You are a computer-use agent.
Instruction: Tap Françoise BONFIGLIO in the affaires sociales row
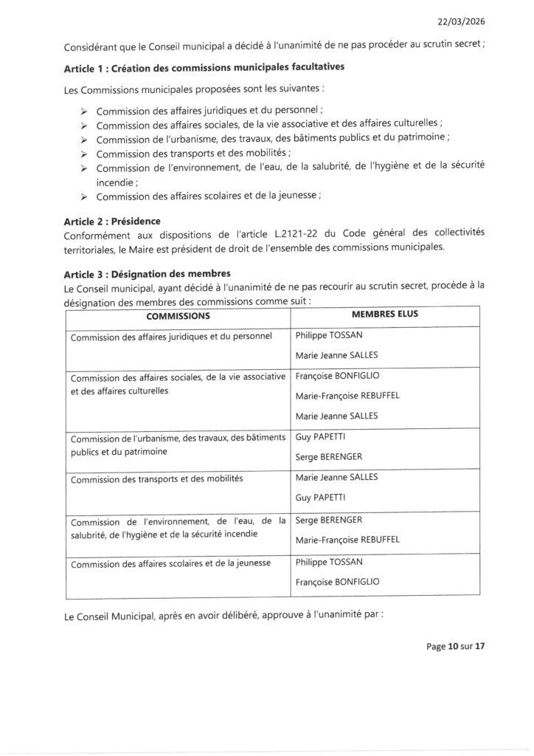click(336, 375)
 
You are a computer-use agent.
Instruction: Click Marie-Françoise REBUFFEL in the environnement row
click(347, 540)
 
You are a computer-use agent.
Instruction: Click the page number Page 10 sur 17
click(455, 647)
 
